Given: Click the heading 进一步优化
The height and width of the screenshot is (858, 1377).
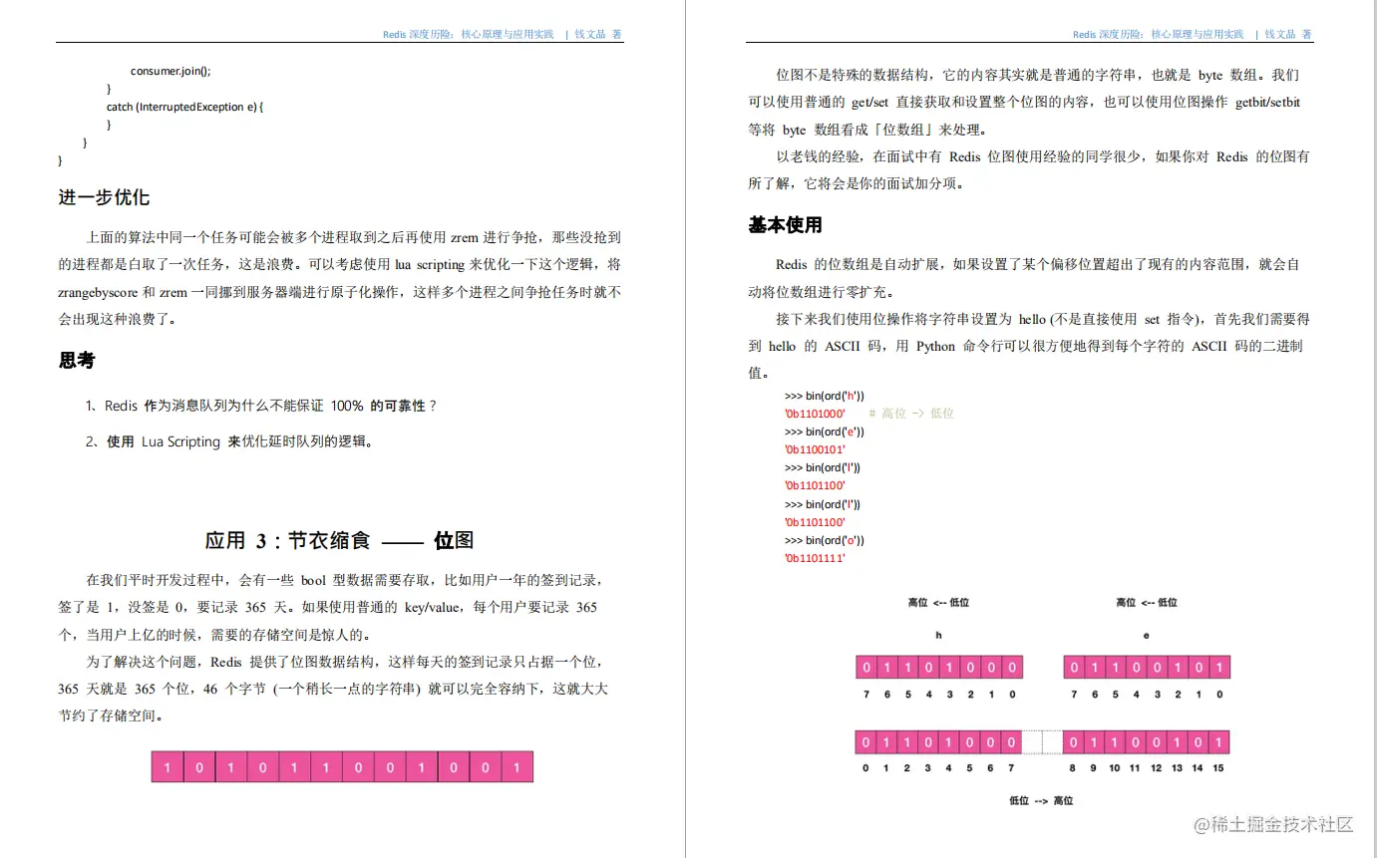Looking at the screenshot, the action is pos(104,197).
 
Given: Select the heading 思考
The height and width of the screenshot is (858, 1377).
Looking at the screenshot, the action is pos(77,361).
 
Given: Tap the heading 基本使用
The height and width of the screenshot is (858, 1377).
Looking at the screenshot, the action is pos(786,225).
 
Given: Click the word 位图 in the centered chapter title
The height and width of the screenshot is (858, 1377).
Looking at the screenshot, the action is pos(454,541).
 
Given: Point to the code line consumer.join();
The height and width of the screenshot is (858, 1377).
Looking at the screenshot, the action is pos(171,71).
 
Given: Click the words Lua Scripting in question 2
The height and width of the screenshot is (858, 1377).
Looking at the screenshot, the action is pos(180,441).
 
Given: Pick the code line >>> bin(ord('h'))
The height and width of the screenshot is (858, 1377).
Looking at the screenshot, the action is pos(824,396).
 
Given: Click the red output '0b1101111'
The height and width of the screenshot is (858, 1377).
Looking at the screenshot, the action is pos(815,559).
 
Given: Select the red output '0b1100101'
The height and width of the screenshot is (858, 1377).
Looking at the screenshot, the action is pos(815,450).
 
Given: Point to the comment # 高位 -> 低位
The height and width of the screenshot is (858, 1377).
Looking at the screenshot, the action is pos(911,414).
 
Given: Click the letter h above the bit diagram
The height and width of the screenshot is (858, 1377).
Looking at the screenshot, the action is pos(938,635).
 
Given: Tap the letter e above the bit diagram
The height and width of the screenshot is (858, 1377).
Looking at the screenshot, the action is pos(1146,635).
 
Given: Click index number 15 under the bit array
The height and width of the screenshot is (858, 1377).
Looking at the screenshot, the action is pos(1218,768).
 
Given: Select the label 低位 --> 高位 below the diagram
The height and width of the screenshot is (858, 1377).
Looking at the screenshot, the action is pos(1041,800).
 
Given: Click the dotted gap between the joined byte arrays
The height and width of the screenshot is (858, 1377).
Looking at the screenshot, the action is pos(1043,742).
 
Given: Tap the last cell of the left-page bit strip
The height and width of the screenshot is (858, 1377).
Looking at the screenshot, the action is pos(516,767).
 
